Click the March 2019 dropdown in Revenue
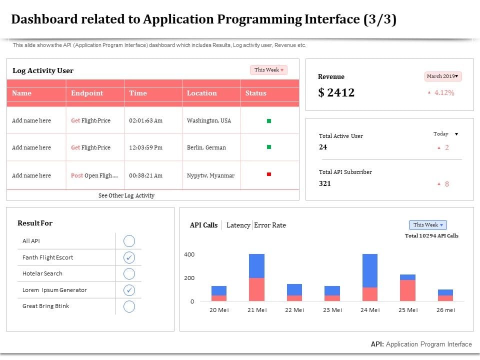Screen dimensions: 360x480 pos(443,76)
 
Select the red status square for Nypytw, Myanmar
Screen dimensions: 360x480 pos(269,174)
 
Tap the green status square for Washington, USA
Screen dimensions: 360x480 pos(269,121)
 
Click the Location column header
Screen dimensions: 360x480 pos(202,93)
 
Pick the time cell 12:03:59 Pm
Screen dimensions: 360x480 pos(146,147)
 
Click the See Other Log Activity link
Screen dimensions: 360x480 pos(126,195)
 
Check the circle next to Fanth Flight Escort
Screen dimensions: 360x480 pos(129,257)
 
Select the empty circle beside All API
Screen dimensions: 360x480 pos(129,241)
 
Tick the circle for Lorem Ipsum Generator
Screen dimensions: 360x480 pos(129,290)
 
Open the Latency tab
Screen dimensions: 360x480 pos(238,225)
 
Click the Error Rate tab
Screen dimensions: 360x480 pos(270,225)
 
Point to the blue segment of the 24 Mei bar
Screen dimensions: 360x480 pos(370,270)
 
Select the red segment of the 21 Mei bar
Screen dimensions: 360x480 pos(256,289)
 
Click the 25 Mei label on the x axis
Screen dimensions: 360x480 pos(408,310)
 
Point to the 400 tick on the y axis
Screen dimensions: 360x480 pos(189,254)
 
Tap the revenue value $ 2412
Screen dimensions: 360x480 pos(336,92)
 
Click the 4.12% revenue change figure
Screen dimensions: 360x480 pos(444,92)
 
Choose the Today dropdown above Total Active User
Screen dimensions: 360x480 pos(445,134)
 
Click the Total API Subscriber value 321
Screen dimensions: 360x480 pos(325,183)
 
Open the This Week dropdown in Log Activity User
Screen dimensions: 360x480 pos(268,70)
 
